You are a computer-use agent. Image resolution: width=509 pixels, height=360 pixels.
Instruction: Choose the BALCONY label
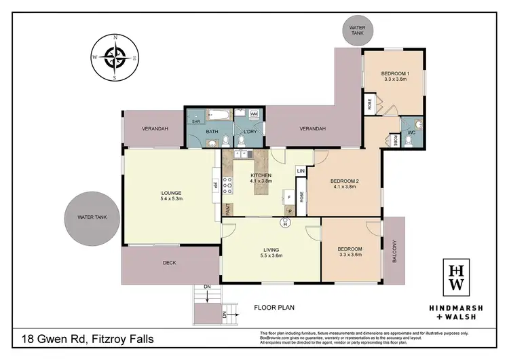(394, 251)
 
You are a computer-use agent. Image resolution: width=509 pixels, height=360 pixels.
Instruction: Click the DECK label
(170, 263)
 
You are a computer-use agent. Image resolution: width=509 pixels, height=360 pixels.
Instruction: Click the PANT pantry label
(227, 211)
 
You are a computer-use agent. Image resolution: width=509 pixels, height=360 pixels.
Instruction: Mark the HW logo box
(457, 277)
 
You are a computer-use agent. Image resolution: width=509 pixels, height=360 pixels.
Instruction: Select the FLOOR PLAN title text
(274, 308)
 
